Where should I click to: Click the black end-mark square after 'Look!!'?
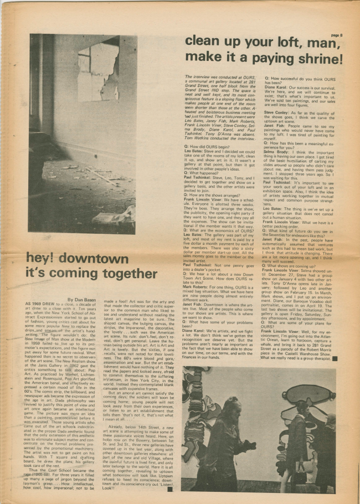170,488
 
